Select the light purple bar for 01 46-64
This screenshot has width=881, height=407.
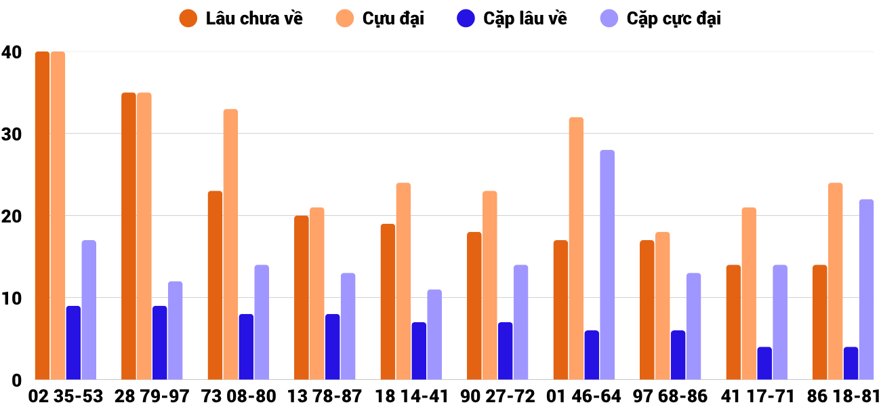607,265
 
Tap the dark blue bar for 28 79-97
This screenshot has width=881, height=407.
159,343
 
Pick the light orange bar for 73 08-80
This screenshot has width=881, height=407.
230,244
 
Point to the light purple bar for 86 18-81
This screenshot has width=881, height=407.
866,290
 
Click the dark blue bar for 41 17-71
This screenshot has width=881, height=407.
764,363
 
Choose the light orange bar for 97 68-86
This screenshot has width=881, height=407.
662,305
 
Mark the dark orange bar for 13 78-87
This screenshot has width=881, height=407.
301,298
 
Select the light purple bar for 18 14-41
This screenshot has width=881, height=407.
434,334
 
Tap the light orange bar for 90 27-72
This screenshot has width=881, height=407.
489,285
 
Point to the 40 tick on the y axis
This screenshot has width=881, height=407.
12,52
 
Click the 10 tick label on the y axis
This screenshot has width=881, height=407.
12,298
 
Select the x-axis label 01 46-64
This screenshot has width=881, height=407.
584,396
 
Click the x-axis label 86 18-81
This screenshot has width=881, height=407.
843,396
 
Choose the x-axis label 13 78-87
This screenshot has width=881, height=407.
325,396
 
